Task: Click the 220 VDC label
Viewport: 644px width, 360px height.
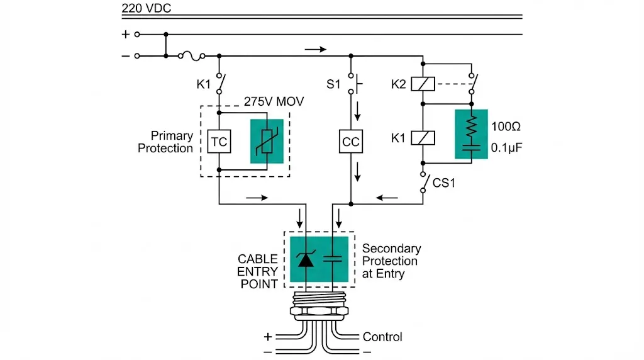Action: point(146,9)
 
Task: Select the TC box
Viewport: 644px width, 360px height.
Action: point(219,142)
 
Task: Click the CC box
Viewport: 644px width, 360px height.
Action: point(351,142)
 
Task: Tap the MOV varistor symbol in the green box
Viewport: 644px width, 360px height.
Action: point(267,142)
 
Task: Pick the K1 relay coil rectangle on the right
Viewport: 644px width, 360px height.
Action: point(423,138)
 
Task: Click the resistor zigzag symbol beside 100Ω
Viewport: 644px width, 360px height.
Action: point(471,127)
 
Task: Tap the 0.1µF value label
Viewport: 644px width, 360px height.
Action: point(507,149)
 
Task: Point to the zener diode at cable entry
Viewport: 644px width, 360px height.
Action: point(306,259)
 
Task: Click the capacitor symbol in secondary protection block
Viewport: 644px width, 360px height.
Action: point(333,259)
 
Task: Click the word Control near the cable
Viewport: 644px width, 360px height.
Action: point(382,337)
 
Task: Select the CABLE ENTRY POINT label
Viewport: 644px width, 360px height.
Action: point(257,271)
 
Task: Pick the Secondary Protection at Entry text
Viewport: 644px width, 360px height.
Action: point(390,261)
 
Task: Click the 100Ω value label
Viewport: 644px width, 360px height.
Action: point(504,127)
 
